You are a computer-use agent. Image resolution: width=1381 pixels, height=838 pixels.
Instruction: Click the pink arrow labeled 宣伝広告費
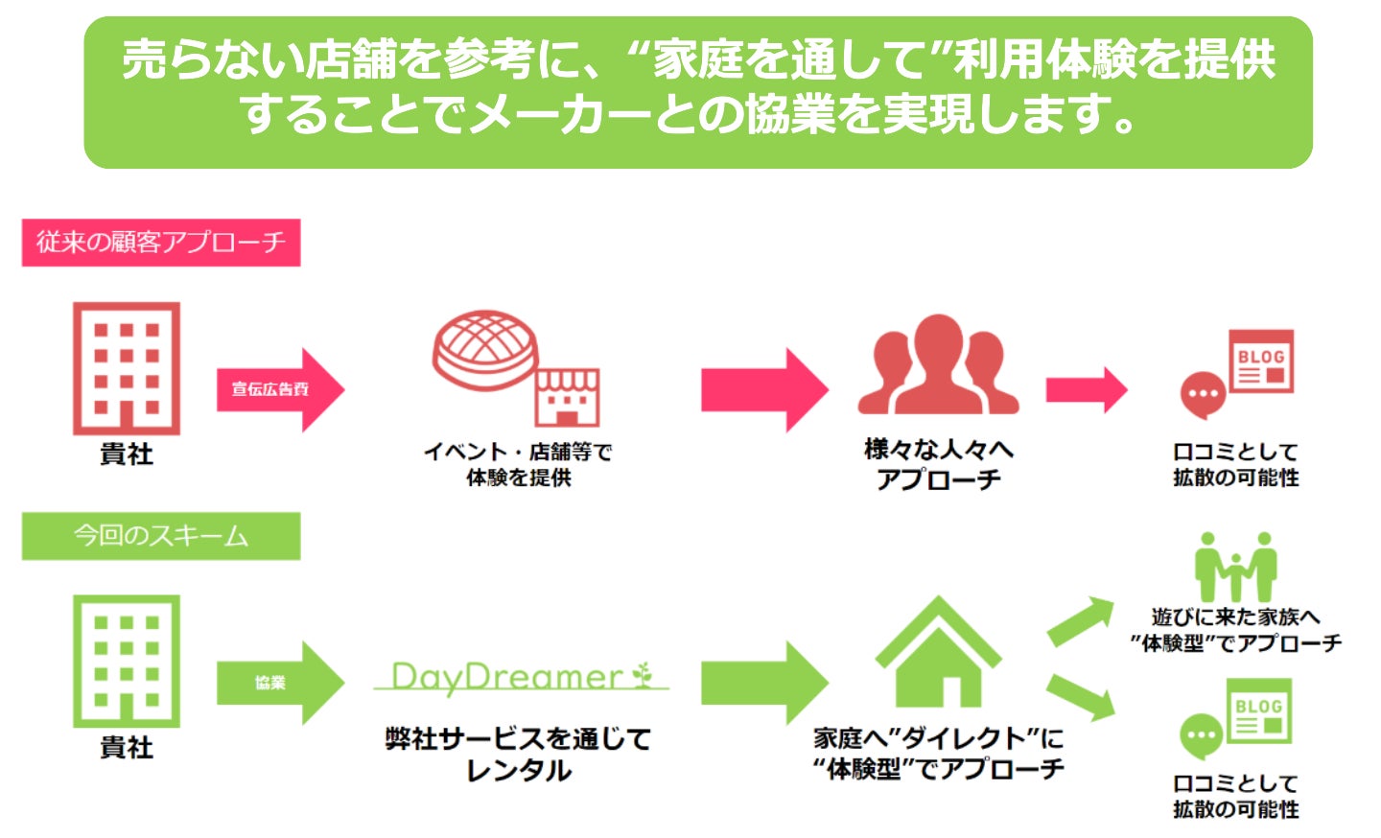(x=278, y=389)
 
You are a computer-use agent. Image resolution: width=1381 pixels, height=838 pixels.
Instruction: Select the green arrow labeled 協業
(x=278, y=683)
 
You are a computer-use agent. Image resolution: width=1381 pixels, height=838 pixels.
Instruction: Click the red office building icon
(x=127, y=369)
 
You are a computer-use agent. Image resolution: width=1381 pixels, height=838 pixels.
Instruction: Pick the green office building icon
(x=127, y=662)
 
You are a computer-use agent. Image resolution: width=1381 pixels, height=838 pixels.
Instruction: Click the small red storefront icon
(x=567, y=397)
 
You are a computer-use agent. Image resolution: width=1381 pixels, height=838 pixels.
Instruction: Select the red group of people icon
(x=938, y=366)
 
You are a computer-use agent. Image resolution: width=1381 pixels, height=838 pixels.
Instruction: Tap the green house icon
(x=938, y=652)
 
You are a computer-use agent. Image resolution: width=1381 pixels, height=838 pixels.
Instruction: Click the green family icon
(x=1235, y=568)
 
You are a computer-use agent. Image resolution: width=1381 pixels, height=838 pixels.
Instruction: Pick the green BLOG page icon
(x=1259, y=710)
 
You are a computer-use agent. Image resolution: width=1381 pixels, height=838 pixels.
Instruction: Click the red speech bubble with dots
(x=1203, y=395)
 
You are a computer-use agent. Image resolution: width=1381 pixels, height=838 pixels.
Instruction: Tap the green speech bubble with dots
(x=1201, y=737)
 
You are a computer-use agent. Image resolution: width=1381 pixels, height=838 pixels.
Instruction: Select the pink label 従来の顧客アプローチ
(x=161, y=243)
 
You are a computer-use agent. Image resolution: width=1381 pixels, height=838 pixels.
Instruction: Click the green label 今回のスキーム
(x=161, y=536)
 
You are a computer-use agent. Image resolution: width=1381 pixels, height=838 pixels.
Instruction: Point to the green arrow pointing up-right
(x=1080, y=620)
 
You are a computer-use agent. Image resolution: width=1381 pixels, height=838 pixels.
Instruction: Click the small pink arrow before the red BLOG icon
(x=1086, y=390)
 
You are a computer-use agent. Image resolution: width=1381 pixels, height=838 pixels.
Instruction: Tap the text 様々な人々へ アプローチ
(x=938, y=464)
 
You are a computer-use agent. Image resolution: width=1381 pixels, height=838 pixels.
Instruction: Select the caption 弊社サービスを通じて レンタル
(x=518, y=755)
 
